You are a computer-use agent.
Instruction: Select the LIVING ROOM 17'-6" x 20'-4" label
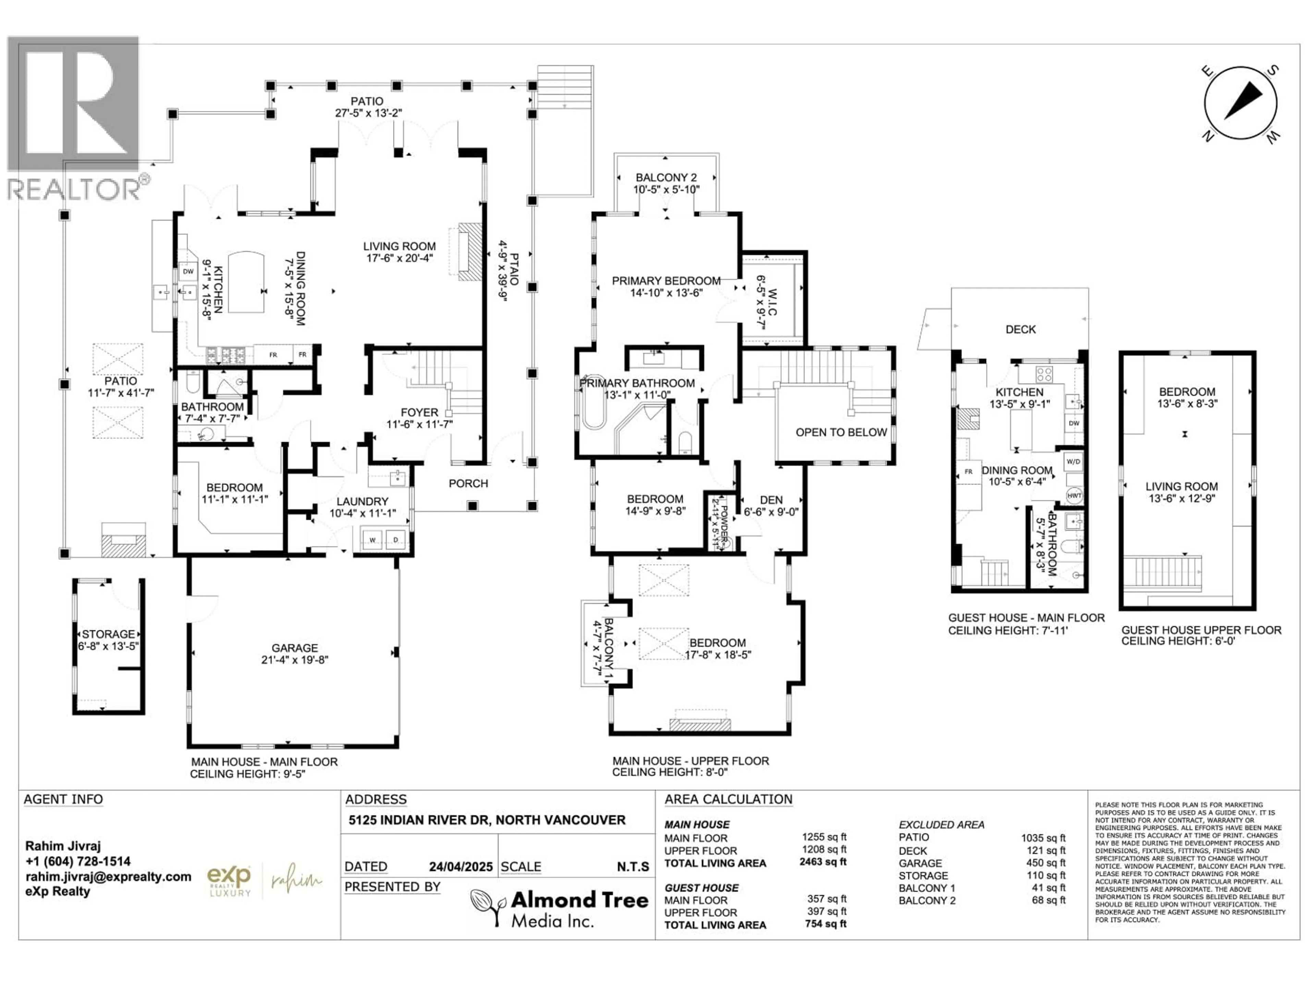tap(399, 252)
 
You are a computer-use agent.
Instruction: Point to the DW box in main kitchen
tap(188, 271)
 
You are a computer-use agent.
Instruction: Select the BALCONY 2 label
tap(666, 177)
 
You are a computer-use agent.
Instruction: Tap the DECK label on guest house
tap(1020, 329)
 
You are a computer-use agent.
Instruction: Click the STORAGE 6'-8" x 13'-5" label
tap(108, 639)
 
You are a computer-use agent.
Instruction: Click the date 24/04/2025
tap(461, 867)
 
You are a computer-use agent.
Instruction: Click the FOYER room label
tap(419, 412)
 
